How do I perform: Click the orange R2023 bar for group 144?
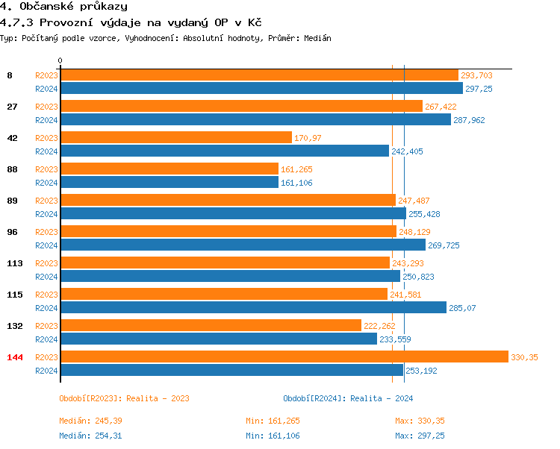284,357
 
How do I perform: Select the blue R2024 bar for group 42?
224,151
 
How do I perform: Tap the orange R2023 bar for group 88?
169,169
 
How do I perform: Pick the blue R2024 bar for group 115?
252,307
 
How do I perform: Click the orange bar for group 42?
175,137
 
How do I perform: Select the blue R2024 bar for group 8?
261,88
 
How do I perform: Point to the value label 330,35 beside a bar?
524,357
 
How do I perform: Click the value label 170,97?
308,138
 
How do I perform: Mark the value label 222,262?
379,326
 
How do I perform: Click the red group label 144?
15,357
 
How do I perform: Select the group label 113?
15,263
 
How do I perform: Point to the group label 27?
12,107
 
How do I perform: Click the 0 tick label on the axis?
60,60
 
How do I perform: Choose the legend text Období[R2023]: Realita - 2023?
124,398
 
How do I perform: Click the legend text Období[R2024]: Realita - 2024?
348,398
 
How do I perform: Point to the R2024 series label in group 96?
46,245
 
